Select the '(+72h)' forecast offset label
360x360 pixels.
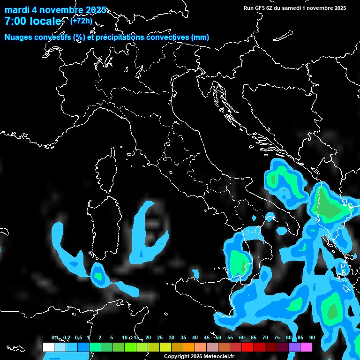81,21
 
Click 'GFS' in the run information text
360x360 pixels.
261,8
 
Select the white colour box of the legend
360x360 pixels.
48,347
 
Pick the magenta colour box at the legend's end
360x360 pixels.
306,347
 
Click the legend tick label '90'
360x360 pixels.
312,337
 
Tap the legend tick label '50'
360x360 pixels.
218,337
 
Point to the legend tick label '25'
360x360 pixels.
159,337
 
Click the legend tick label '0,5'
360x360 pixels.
78,337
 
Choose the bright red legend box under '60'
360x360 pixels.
247,347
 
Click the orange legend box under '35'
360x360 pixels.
189,347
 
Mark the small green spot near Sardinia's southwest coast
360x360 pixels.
98,275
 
